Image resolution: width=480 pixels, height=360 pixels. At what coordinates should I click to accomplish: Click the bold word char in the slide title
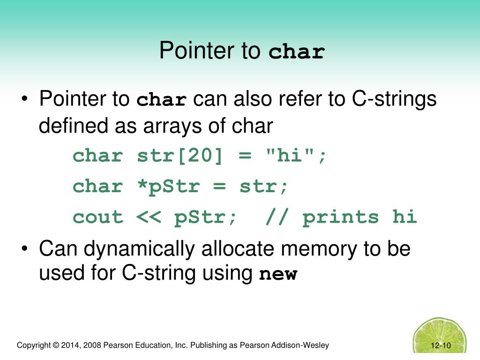tap(297, 52)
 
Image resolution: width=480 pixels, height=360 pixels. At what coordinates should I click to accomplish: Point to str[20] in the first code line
tap(180, 156)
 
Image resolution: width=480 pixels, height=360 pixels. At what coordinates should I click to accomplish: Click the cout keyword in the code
tap(97, 217)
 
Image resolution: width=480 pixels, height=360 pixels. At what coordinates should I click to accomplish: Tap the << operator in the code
tap(149, 217)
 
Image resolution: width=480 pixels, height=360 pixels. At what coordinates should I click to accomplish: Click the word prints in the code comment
tap(341, 217)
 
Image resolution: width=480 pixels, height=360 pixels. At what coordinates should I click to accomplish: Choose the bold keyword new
tap(278, 274)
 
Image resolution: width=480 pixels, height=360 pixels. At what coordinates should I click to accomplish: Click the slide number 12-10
tap(441, 346)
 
